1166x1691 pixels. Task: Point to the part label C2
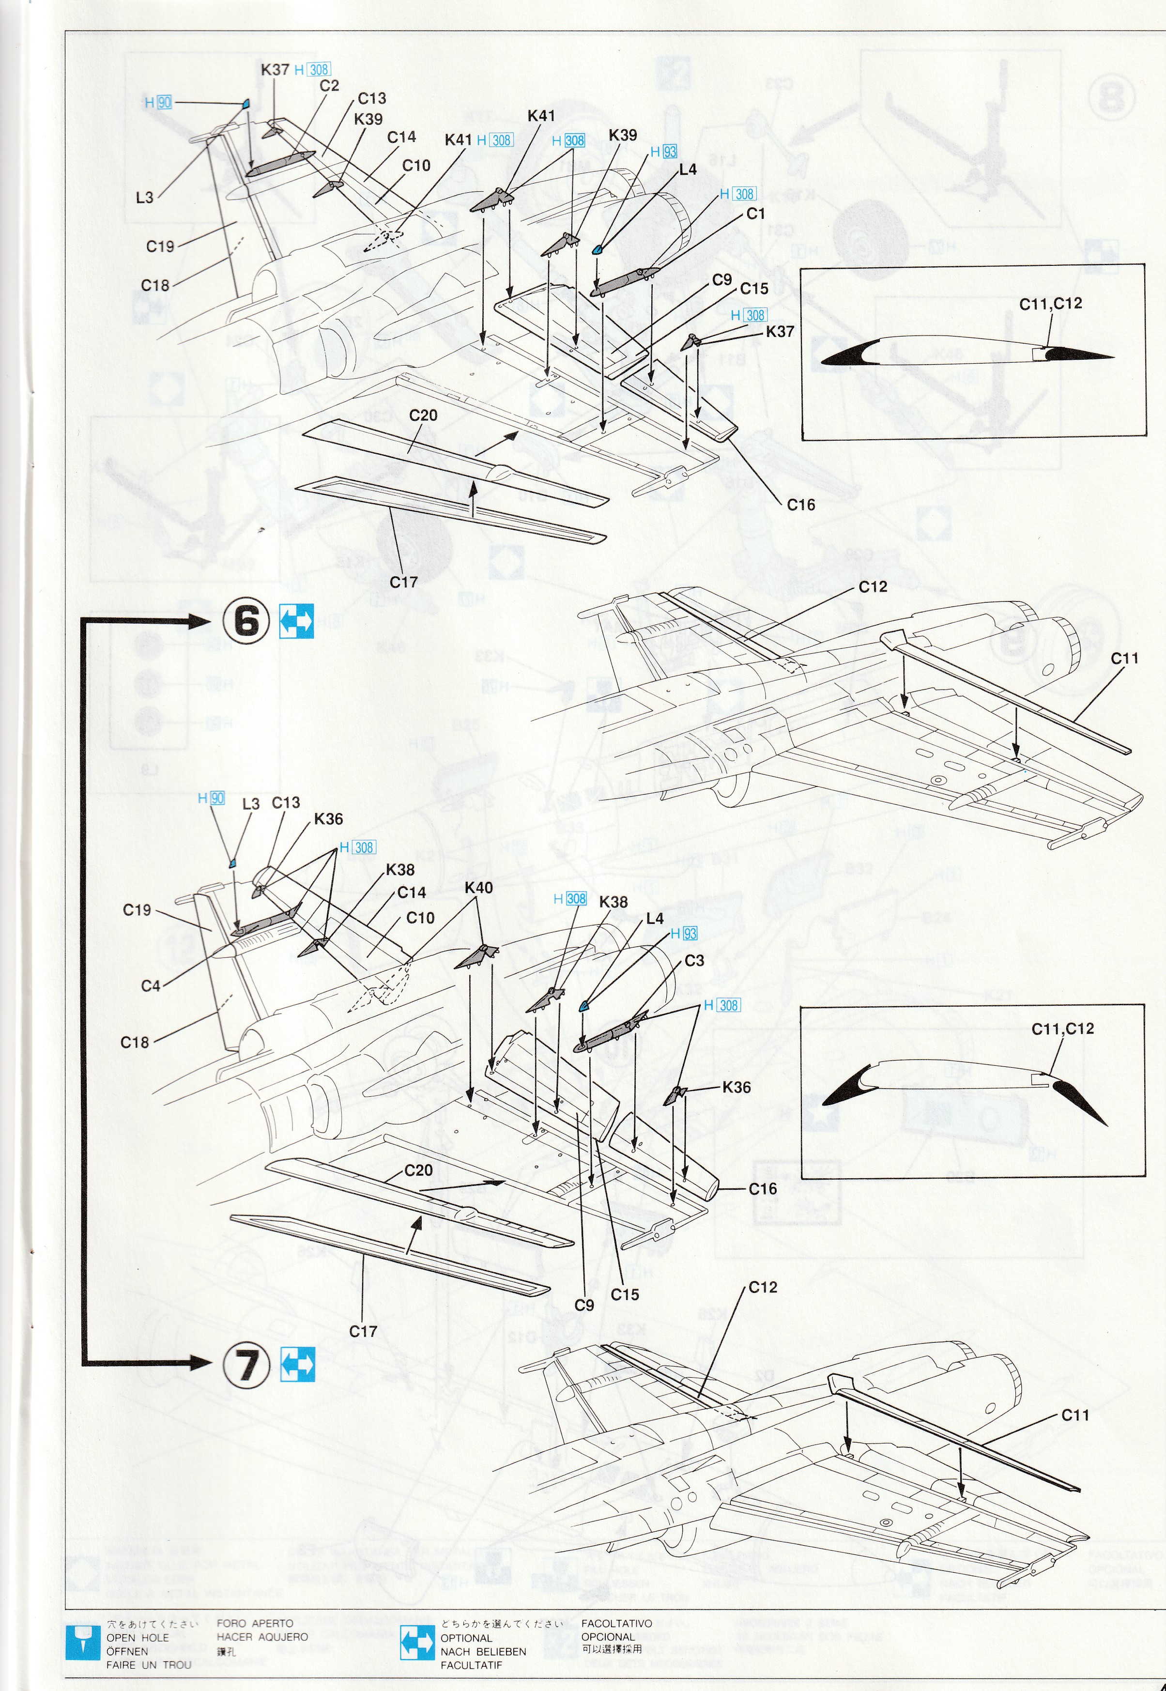[x=329, y=85]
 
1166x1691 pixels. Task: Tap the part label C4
[x=151, y=985]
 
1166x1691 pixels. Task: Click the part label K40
[x=478, y=888]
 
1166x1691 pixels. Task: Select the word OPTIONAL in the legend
[x=466, y=1638]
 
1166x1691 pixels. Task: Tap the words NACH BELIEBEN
[x=483, y=1651]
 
